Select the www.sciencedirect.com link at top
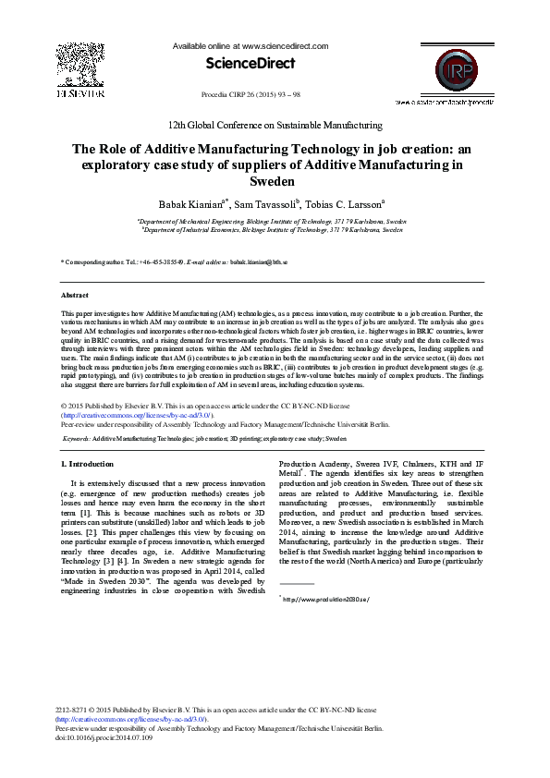point(285,45)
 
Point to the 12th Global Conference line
point(275,125)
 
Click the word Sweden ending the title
point(275,182)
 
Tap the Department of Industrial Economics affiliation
point(275,229)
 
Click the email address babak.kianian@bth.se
point(258,262)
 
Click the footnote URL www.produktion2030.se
point(313,599)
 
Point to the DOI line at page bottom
point(103,736)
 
